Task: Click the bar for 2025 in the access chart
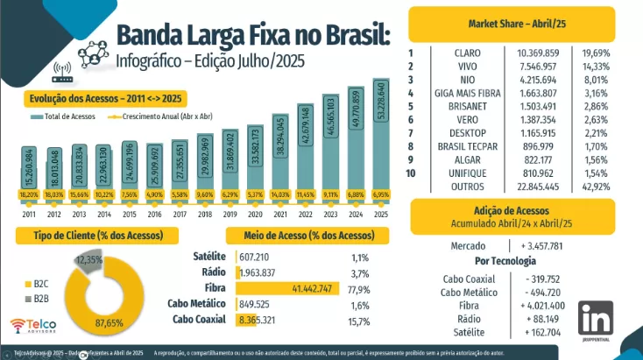(x=380, y=140)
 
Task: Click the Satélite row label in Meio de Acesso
(x=209, y=257)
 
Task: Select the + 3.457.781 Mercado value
(x=550, y=246)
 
